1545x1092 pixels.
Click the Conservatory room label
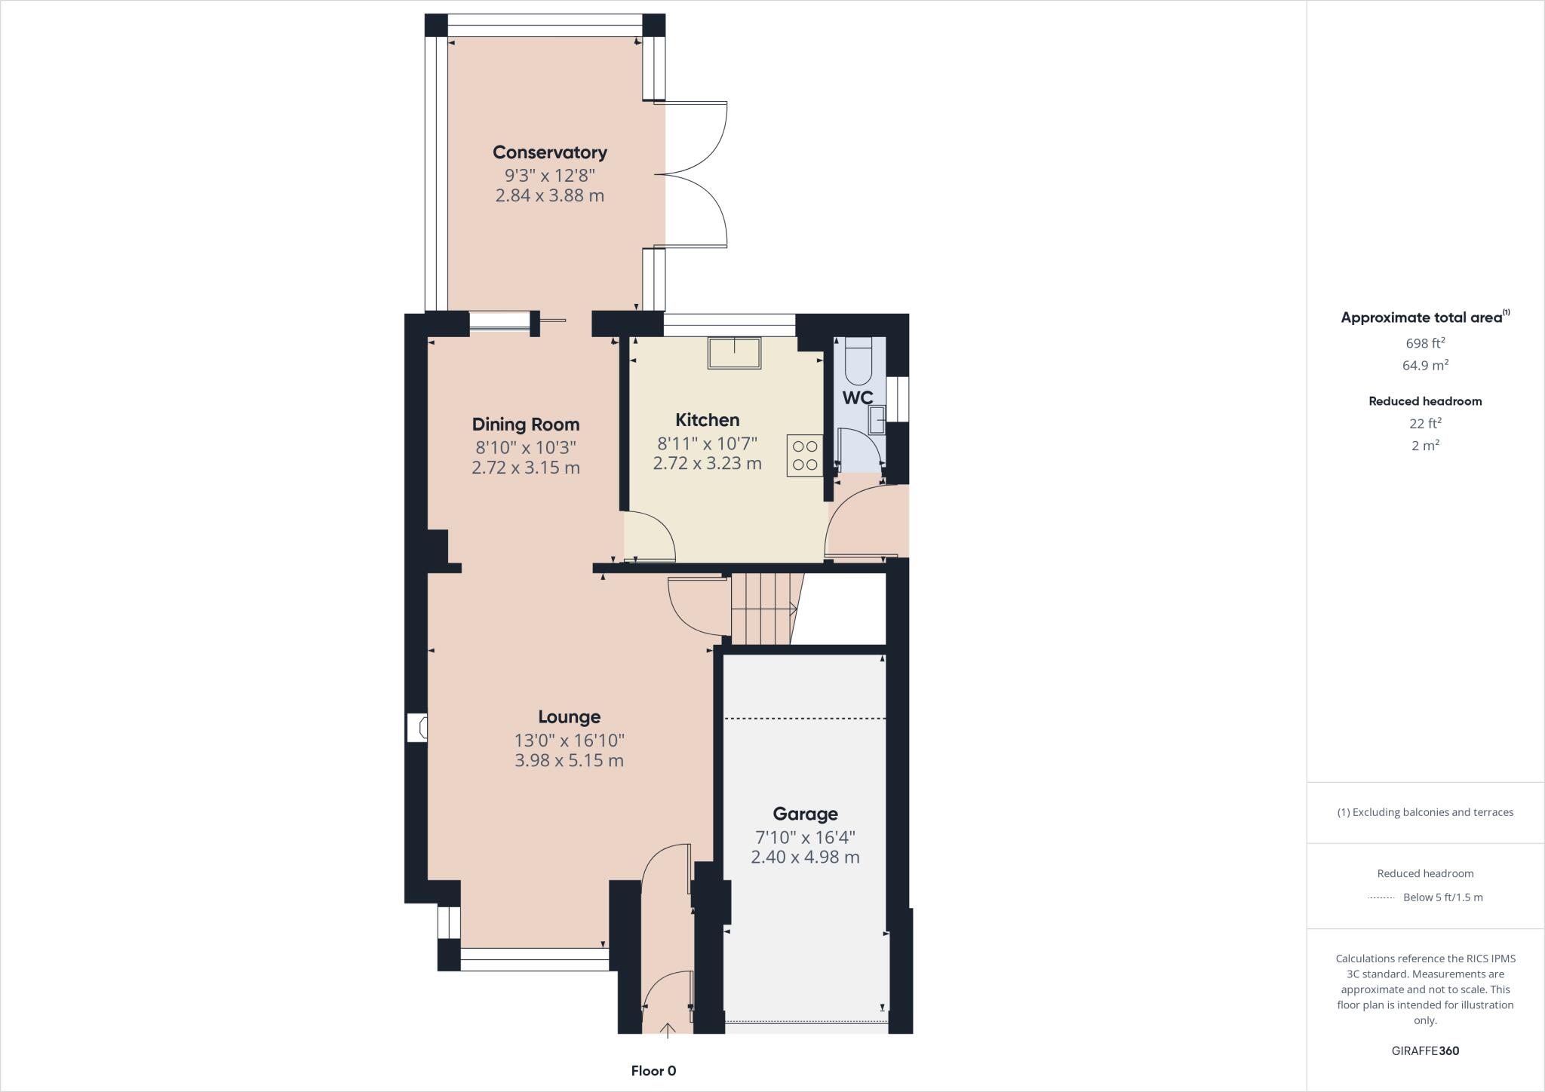[x=549, y=152]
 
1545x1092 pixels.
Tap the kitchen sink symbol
[x=734, y=353]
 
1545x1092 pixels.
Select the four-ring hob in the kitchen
[x=805, y=456]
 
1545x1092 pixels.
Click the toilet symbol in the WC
[x=859, y=362]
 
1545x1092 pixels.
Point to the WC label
[x=858, y=398]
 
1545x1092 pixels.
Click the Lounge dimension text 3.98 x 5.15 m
[x=569, y=760]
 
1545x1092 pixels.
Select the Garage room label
[x=805, y=814]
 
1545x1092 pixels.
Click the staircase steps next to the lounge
[x=762, y=609]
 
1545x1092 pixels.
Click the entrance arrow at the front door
[x=668, y=1029]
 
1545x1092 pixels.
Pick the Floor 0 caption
[x=653, y=1071]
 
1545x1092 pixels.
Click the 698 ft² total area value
[x=1425, y=343]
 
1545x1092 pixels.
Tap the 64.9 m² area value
[x=1425, y=366]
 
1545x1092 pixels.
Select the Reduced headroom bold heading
[x=1425, y=401]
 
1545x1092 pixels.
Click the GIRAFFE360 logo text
[x=1425, y=1051]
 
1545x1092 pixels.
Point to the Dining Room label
[x=525, y=425]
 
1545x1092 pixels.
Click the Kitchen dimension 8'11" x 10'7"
[x=707, y=443]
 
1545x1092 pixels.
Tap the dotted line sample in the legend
[x=1381, y=897]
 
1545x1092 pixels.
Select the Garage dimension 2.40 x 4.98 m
[x=805, y=857]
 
